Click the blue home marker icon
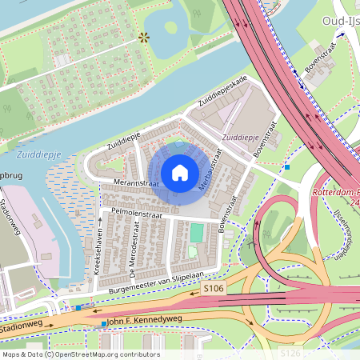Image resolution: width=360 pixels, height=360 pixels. pyautogui.click(x=180, y=173)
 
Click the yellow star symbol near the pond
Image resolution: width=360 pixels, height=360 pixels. pyautogui.click(x=144, y=37)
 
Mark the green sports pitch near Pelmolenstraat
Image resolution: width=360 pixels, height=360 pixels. pyautogui.click(x=196, y=233)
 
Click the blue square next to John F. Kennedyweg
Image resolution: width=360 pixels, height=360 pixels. pyautogui.click(x=103, y=323)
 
